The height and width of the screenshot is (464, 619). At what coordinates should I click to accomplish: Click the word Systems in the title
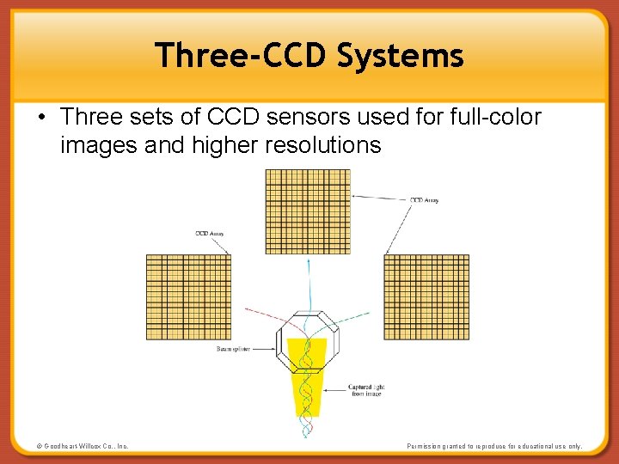(x=401, y=57)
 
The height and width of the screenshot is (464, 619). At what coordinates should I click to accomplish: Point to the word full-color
(x=493, y=117)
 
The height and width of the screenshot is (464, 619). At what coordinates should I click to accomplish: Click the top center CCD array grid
(x=308, y=211)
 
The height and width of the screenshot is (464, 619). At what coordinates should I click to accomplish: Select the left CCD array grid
(x=189, y=296)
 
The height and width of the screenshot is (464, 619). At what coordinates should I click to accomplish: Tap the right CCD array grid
(x=426, y=296)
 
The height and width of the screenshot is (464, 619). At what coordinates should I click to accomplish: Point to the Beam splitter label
(x=233, y=350)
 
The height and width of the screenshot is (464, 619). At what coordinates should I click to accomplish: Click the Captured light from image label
(x=366, y=391)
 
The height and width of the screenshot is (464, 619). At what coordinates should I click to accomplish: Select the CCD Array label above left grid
(x=209, y=234)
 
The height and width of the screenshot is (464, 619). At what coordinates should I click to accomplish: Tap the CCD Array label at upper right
(x=424, y=200)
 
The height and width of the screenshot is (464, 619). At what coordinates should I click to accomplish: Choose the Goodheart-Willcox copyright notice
(x=83, y=446)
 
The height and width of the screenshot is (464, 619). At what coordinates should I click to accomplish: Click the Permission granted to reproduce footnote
(x=494, y=446)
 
